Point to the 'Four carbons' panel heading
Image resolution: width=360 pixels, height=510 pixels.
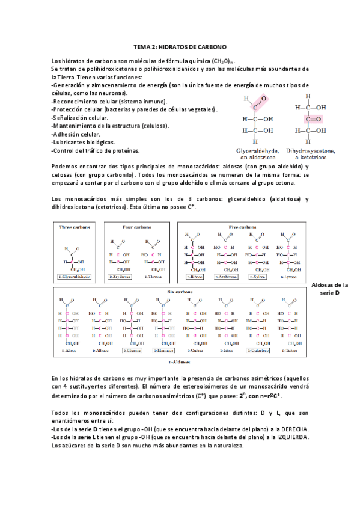[136, 227]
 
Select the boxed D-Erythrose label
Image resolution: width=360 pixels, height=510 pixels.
[120, 277]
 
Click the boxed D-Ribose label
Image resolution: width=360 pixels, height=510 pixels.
[194, 277]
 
